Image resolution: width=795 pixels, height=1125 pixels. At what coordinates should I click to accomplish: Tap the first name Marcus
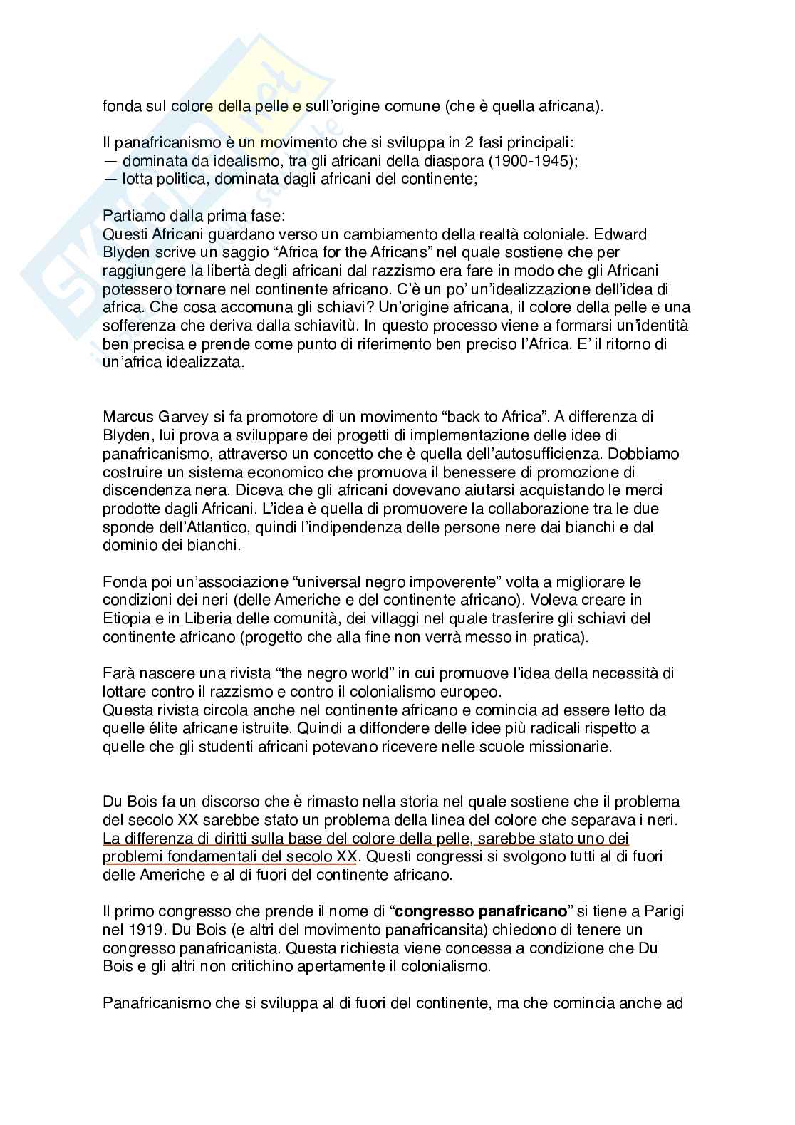click(128, 416)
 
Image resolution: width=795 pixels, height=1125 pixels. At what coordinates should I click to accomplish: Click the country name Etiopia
click(125, 618)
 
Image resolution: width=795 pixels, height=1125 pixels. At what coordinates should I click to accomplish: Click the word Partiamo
click(129, 216)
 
